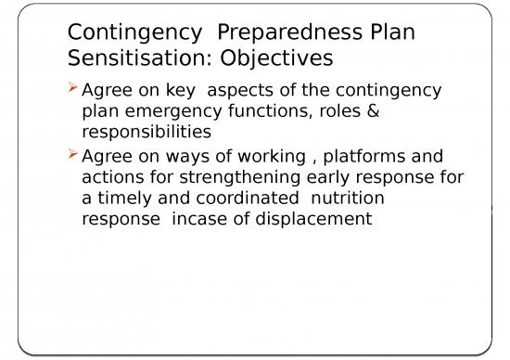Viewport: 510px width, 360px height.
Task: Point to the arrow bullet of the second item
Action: pyautogui.click(x=74, y=155)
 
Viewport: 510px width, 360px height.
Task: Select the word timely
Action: pyautogui.click(x=125, y=198)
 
